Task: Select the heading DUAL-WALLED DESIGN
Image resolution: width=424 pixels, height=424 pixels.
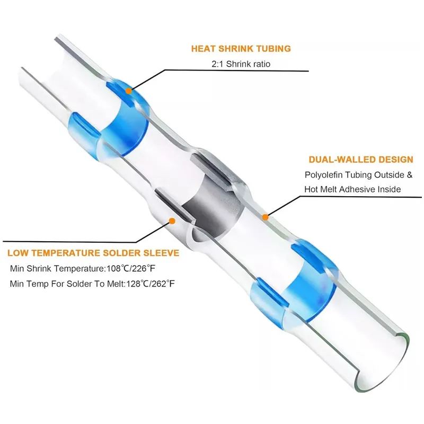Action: pos(361,159)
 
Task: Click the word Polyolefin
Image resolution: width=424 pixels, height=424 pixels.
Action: pos(323,174)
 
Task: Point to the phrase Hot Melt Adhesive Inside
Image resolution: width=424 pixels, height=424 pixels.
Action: pos(352,189)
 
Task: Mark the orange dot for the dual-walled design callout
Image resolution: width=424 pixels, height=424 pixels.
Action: pos(266,216)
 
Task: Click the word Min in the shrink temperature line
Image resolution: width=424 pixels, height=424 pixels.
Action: pos(18,269)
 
